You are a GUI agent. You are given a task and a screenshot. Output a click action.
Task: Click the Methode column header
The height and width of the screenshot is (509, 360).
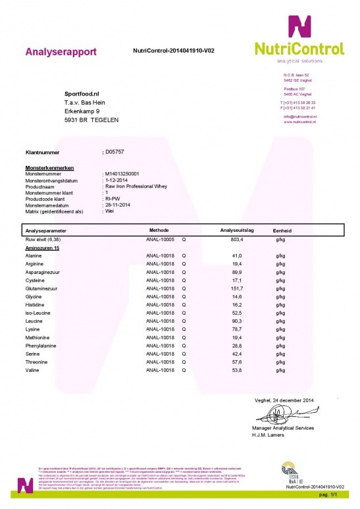[x=161, y=230]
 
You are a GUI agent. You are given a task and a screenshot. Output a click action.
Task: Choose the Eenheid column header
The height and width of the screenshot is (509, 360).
[x=282, y=230]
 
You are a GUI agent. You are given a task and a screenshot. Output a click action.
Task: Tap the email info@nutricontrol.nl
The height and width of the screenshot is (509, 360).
[x=300, y=117]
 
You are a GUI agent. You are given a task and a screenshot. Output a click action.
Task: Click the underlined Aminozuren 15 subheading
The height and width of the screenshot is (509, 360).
[x=42, y=251]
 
